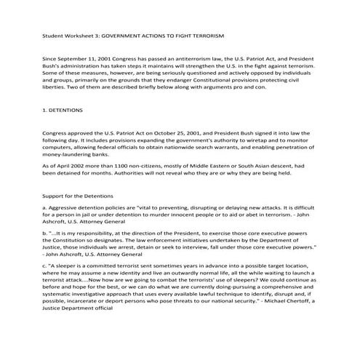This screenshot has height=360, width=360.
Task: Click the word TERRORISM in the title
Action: click(204, 35)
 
